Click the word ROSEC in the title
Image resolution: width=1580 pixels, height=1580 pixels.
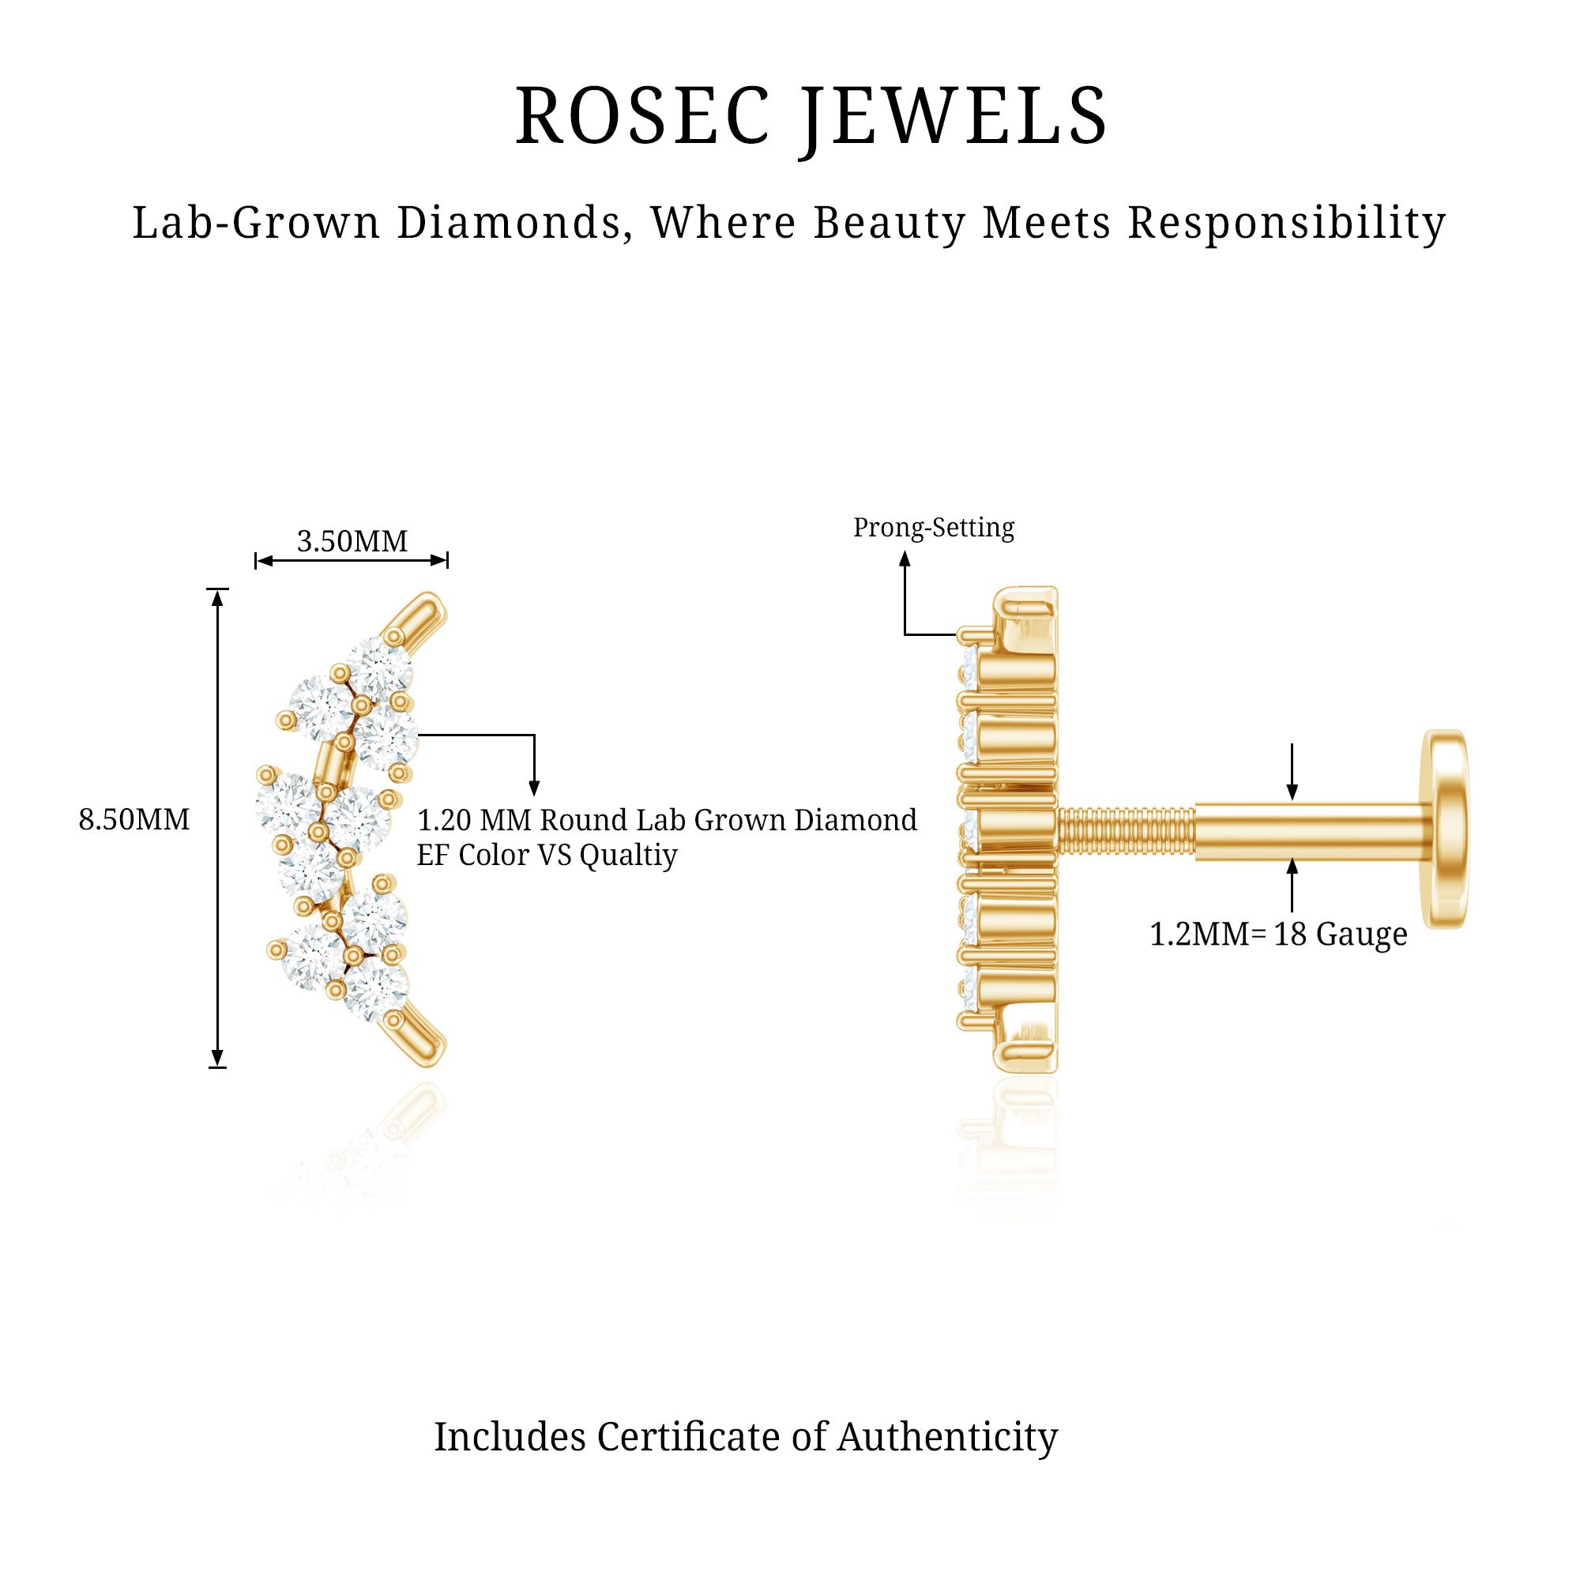[x=643, y=115]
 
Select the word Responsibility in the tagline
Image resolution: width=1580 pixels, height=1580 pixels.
[x=1287, y=223]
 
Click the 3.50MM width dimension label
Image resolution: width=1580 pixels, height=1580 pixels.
[x=352, y=541]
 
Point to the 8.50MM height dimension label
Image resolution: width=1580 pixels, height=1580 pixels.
[x=134, y=819]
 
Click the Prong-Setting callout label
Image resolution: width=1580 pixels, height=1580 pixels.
[x=933, y=528]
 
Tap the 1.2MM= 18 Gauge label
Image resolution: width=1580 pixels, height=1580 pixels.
[x=1278, y=934]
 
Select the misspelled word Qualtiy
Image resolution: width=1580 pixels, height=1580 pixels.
[x=628, y=856]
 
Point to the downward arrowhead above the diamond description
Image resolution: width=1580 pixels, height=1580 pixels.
[x=534, y=789]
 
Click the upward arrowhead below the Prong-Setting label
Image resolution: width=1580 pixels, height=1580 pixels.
[x=905, y=559]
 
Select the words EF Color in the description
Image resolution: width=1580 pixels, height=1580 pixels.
[x=472, y=856]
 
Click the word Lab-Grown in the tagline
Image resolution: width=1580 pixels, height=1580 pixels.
[x=256, y=223]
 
